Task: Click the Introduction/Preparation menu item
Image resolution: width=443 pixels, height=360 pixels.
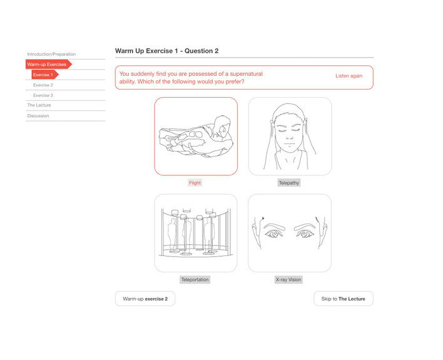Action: (x=51, y=54)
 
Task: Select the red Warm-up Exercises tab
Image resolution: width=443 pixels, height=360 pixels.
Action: (x=49, y=64)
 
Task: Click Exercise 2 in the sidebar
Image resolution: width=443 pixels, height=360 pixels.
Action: (x=43, y=85)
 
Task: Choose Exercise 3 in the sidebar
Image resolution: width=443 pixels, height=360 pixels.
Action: (x=43, y=95)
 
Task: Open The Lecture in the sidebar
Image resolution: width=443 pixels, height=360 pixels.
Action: (x=39, y=105)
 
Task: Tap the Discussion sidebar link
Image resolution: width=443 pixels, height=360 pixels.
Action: (x=38, y=116)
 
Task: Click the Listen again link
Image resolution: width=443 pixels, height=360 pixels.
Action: (x=349, y=76)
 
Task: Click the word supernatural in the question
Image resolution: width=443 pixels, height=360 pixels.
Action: (x=247, y=74)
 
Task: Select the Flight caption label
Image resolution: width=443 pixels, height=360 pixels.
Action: (x=195, y=183)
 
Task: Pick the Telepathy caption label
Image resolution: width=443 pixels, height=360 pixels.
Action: (x=288, y=183)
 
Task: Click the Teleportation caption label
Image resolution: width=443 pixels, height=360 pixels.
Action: (x=195, y=280)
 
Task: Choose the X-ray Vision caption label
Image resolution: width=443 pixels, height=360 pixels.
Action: (x=288, y=280)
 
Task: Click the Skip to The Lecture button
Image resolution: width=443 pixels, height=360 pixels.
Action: (x=344, y=299)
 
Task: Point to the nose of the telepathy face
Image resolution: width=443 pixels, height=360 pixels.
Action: (x=289, y=136)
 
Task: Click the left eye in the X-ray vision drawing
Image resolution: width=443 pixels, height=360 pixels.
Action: (x=273, y=234)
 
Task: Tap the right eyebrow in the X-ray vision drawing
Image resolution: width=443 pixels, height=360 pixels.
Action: (x=305, y=227)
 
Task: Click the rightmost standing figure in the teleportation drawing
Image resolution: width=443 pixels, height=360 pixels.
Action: (x=209, y=235)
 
